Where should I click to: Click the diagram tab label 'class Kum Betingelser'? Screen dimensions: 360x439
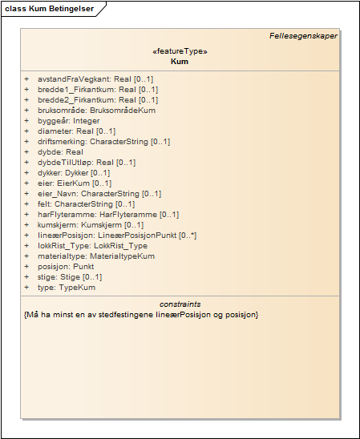49,9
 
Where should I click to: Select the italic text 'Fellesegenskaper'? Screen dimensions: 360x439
303,35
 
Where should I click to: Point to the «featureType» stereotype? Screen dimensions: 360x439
180,50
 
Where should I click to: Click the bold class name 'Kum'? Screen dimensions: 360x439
180,61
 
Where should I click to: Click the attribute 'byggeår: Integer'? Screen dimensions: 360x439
68,121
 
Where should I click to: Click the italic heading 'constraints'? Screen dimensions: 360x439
180,304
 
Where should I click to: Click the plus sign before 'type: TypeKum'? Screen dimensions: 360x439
26,288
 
